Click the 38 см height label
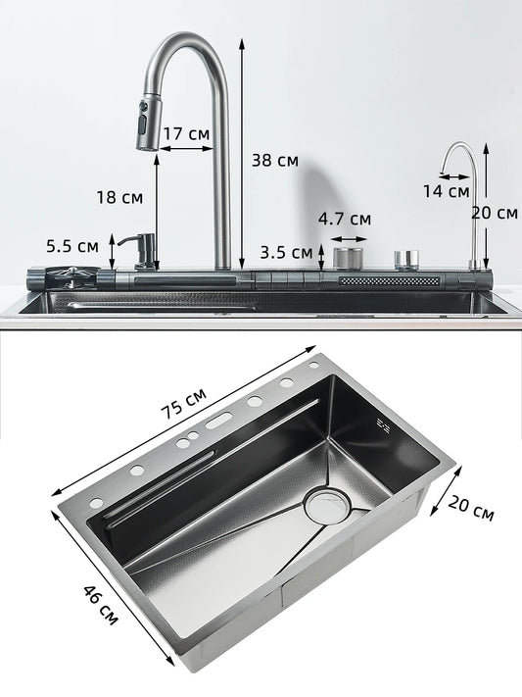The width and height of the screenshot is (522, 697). point(274,160)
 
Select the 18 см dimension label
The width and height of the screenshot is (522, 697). point(119,197)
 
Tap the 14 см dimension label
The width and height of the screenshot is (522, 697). point(446,191)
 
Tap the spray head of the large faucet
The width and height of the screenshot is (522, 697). point(147,124)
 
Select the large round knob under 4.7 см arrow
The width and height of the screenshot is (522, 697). point(348,258)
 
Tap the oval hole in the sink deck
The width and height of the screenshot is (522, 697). point(217,424)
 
